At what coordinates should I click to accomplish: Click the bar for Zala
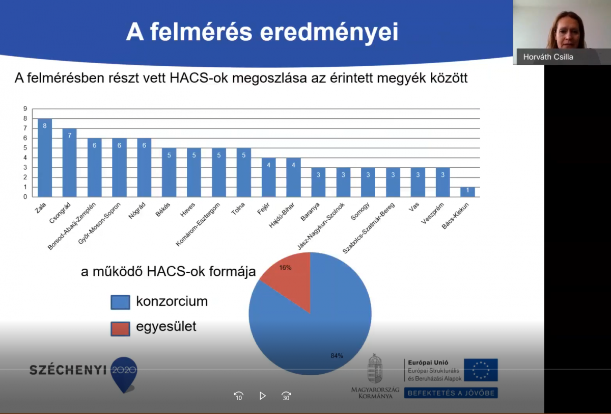tap(45, 158)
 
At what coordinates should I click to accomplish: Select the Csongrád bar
tap(70, 163)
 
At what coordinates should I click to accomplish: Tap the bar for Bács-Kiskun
tap(467, 192)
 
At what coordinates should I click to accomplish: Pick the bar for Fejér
tap(269, 177)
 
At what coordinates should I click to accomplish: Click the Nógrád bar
tap(144, 168)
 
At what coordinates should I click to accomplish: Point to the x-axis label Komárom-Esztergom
tap(198, 224)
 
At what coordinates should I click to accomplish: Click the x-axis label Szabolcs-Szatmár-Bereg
tap(369, 228)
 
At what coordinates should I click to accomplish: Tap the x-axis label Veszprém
tap(433, 213)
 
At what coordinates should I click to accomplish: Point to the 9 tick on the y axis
tap(25, 109)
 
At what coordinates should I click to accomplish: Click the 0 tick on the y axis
tap(25, 197)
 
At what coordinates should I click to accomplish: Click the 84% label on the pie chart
tap(337, 355)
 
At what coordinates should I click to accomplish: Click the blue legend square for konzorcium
tap(120, 302)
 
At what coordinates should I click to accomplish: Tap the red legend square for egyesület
tap(120, 328)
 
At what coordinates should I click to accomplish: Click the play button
tap(262, 396)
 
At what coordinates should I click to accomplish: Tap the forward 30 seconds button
tap(286, 396)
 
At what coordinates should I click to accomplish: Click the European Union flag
tap(481, 370)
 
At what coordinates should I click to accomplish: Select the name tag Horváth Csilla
tap(548, 57)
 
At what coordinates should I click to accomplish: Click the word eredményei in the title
tap(329, 33)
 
